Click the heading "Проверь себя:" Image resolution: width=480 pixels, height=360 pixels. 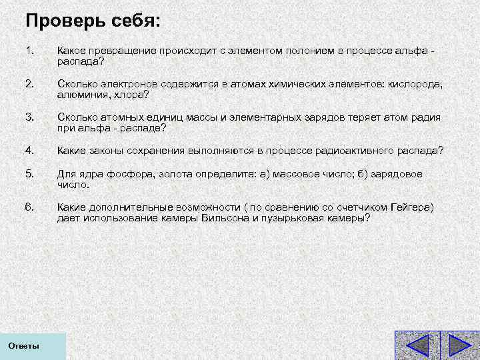pos(93,21)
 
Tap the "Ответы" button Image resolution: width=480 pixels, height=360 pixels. pos(24,346)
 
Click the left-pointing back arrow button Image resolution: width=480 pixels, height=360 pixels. pos(417,345)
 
